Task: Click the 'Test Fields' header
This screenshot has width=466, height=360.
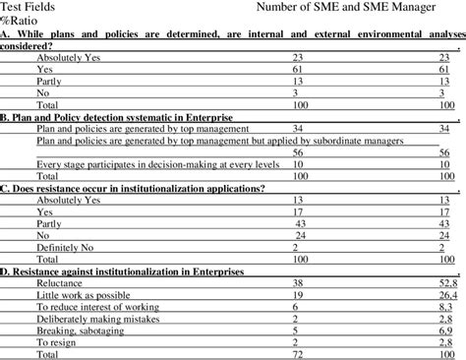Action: [x=30, y=8]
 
